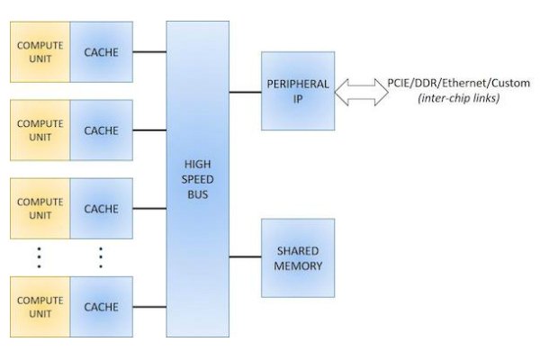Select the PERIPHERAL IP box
pyautogui.click(x=297, y=90)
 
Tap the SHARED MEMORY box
pyautogui.click(x=297, y=257)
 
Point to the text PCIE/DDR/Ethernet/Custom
pyautogui.click(x=458, y=84)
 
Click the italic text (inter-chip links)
pyautogui.click(x=459, y=97)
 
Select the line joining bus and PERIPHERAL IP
pyautogui.click(x=245, y=90)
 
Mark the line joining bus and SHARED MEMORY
pyautogui.click(x=245, y=257)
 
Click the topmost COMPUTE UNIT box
pyautogui.click(x=40, y=52)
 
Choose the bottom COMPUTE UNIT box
pyautogui.click(x=40, y=307)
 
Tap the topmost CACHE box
pyautogui.click(x=101, y=52)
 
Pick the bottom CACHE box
pyautogui.click(x=101, y=307)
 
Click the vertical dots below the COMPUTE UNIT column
pyautogui.click(x=40, y=257)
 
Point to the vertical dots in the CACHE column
pyautogui.click(x=101, y=257)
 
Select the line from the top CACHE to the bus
pyautogui.click(x=149, y=52)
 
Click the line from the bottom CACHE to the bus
pyautogui.click(x=149, y=307)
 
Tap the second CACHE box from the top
pyautogui.click(x=101, y=130)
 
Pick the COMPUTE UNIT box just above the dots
pyautogui.click(x=40, y=208)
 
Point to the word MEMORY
pyautogui.click(x=297, y=265)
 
